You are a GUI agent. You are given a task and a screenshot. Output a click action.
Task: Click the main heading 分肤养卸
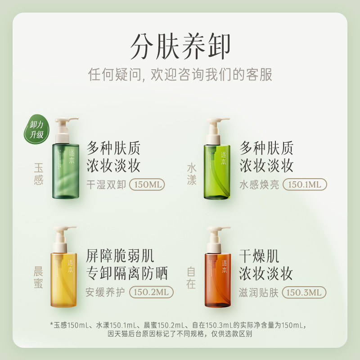click(180, 46)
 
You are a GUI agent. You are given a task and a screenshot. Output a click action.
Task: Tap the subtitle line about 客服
click(180, 74)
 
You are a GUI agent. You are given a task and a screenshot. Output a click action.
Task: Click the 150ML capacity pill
click(147, 184)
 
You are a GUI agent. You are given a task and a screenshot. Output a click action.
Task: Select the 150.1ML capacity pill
click(305, 184)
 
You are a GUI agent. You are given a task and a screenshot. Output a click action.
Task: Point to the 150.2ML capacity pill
click(151, 292)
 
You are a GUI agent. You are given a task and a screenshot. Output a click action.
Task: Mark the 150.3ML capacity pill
click(304, 292)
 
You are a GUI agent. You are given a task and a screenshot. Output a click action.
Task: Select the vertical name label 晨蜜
click(39, 278)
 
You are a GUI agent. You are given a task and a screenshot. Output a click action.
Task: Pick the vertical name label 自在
click(192, 278)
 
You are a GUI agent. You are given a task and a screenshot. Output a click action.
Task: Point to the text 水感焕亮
click(259, 184)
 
